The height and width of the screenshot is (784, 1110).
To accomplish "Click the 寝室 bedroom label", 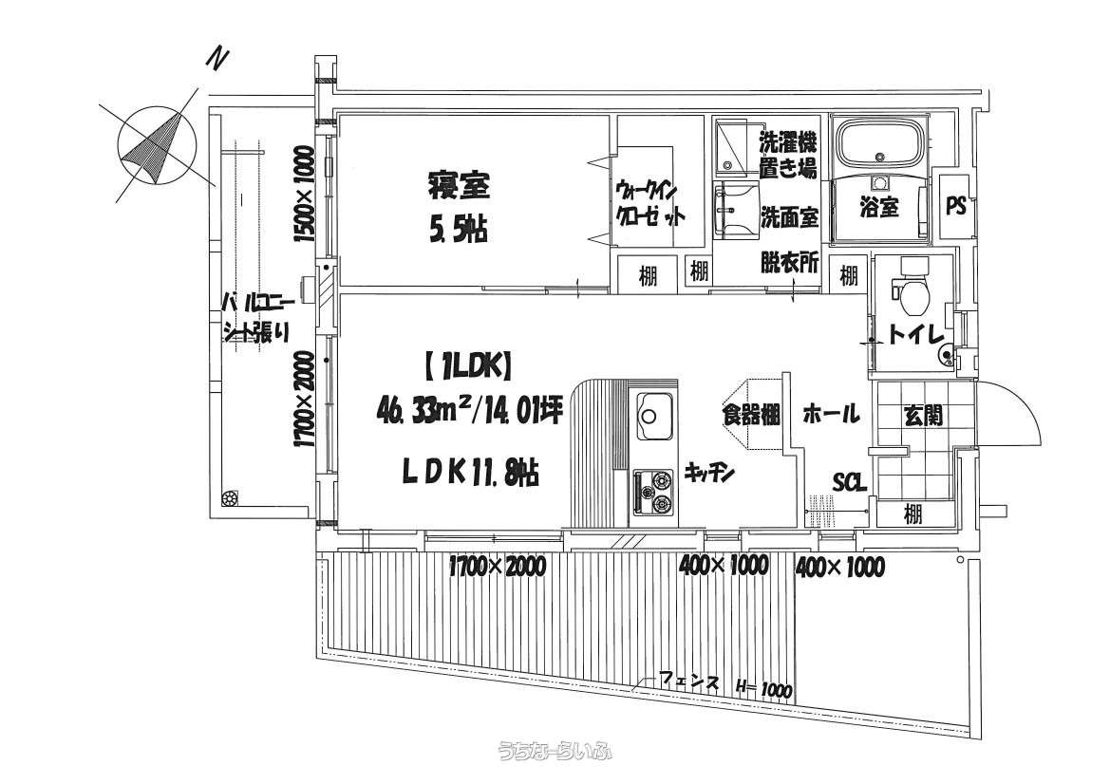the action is click(x=458, y=185).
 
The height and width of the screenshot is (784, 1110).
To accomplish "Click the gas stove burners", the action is click(x=653, y=492).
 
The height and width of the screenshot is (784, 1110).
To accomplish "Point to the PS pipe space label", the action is click(x=955, y=205).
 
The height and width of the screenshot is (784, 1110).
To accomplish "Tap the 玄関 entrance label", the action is click(x=923, y=416).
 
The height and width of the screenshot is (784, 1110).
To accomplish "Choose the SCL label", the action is click(x=849, y=483).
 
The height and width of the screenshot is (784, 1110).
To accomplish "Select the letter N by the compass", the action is click(x=217, y=59).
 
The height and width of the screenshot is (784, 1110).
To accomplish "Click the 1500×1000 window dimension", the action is click(x=304, y=195).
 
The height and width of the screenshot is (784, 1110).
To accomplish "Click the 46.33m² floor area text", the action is click(x=419, y=410).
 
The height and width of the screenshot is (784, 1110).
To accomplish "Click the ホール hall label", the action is click(x=831, y=413).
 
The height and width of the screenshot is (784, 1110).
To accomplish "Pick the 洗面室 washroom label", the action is click(x=789, y=216).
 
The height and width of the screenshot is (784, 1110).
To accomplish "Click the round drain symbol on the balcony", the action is click(x=230, y=499).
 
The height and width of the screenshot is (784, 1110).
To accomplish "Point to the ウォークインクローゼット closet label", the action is click(x=649, y=203).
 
